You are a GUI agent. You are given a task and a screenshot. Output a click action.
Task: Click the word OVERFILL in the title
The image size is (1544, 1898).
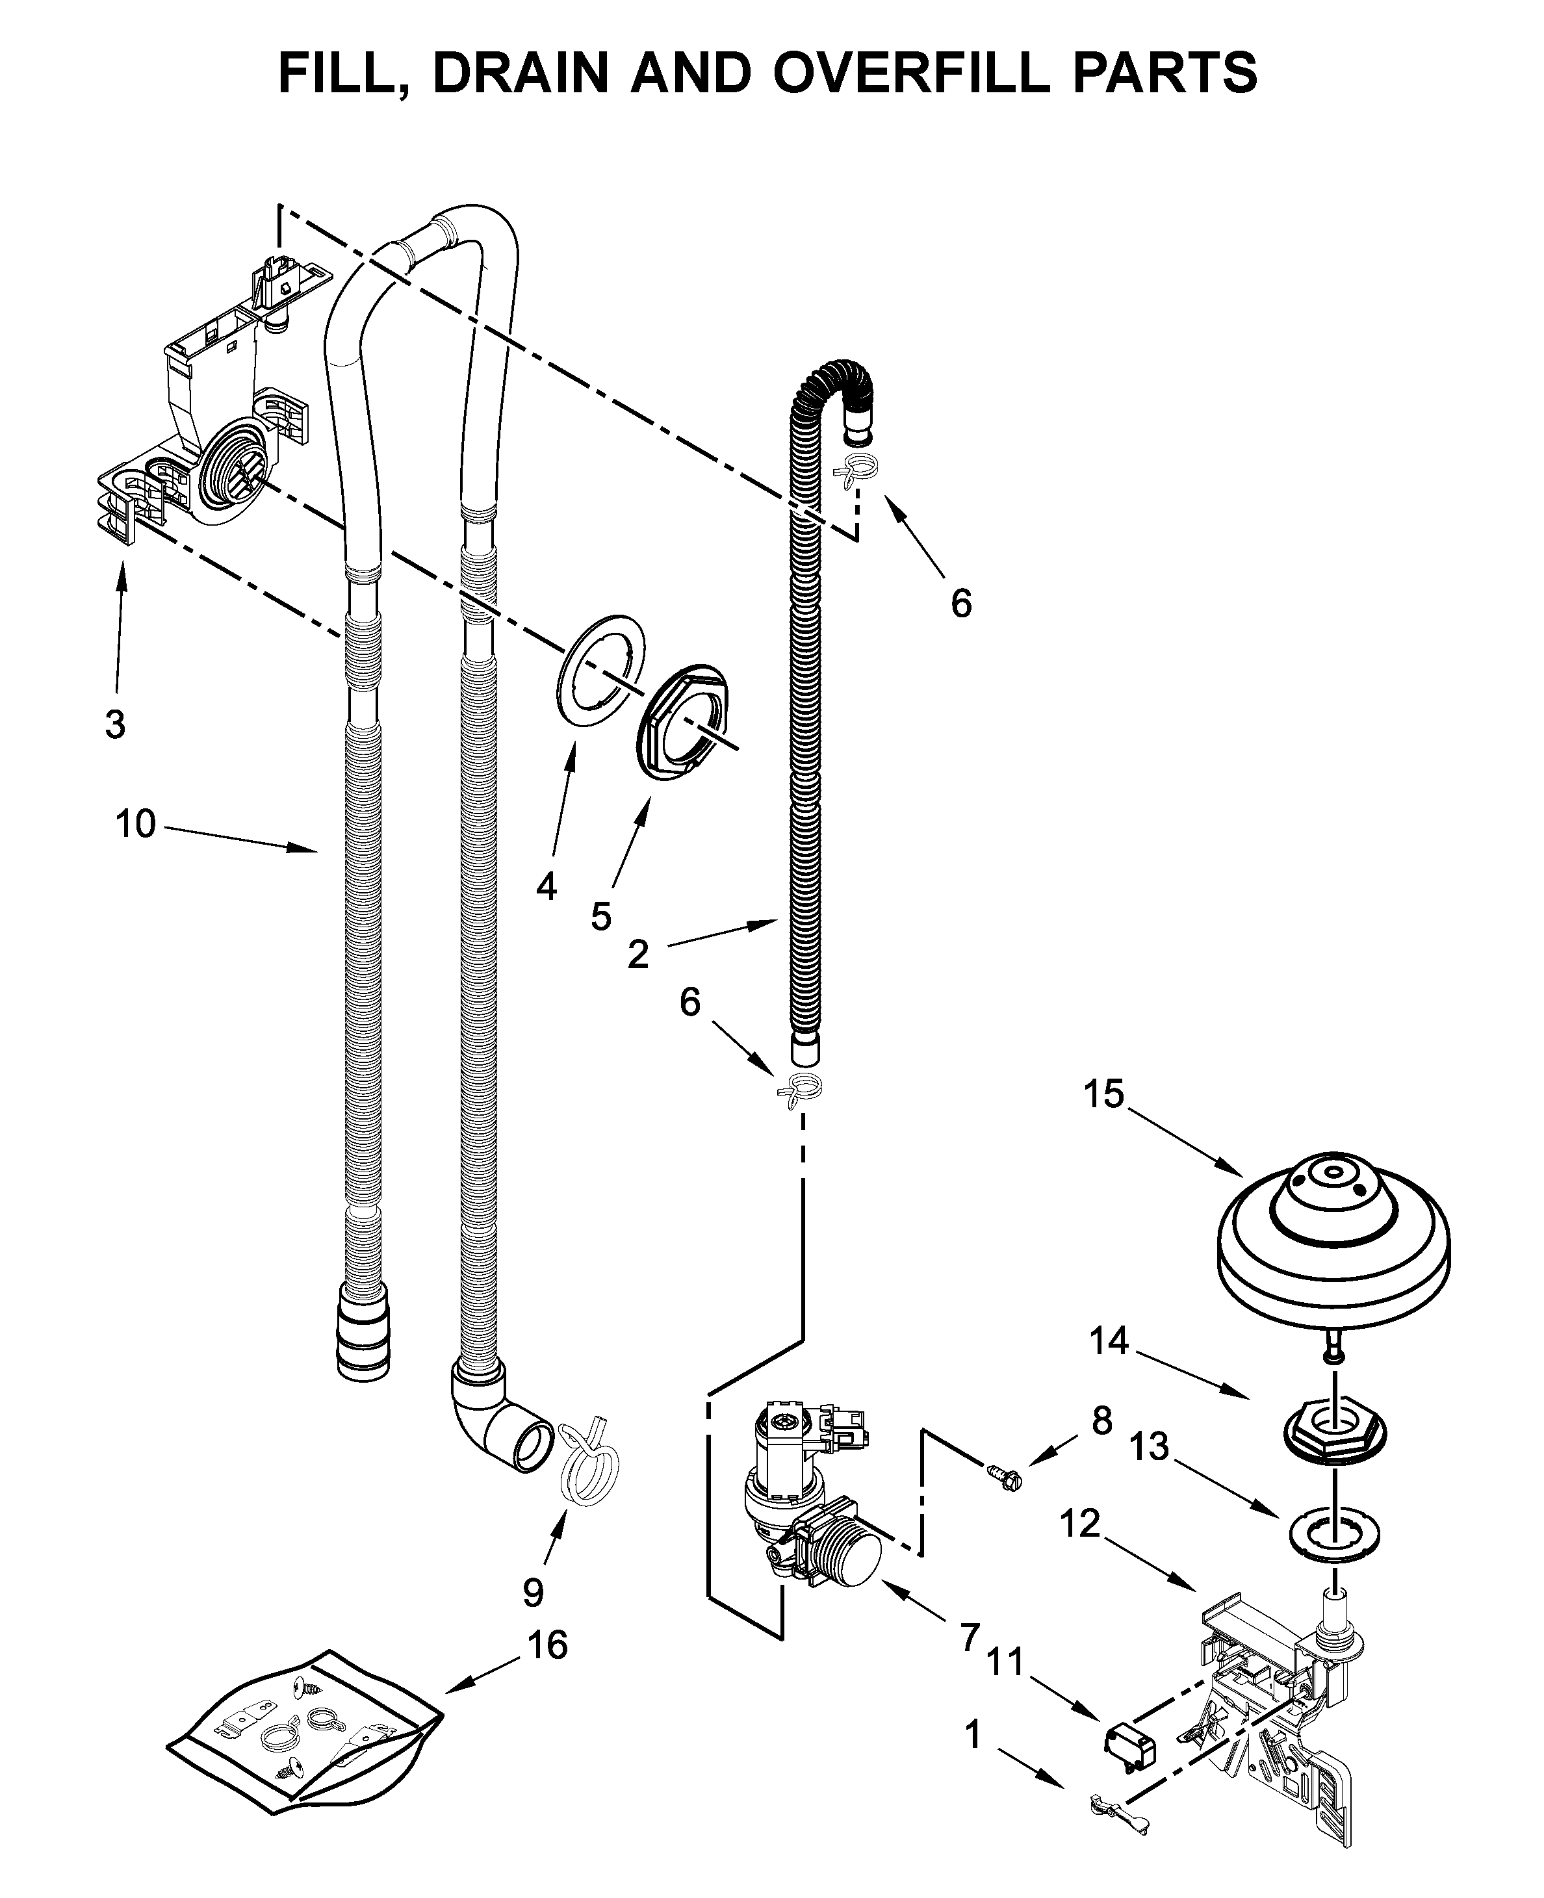click(912, 73)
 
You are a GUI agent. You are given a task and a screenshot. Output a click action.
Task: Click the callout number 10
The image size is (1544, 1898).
click(135, 825)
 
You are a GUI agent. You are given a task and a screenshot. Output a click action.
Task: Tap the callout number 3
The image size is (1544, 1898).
click(115, 724)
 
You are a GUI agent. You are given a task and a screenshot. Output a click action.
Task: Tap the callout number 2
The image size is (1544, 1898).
click(637, 955)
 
